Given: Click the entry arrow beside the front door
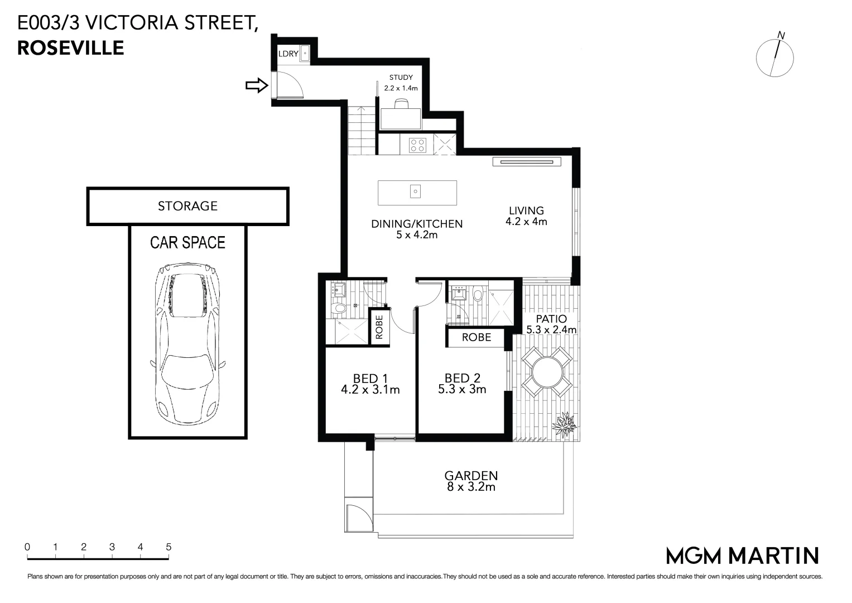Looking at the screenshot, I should click(257, 85).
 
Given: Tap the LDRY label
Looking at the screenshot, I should click(288, 54).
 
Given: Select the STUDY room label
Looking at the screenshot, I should click(401, 78).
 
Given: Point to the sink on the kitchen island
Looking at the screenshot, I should click(416, 192).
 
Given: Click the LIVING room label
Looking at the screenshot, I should click(526, 210).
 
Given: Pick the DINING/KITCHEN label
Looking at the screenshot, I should click(417, 224).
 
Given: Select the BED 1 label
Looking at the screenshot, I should click(370, 379).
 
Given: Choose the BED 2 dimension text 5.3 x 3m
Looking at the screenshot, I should click(462, 390).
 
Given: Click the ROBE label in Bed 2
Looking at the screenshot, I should click(476, 337).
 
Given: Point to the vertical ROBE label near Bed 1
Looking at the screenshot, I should click(379, 327).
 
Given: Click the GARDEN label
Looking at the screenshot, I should click(471, 476).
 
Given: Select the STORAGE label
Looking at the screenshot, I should click(187, 206).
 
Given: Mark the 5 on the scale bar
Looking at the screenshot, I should click(169, 547).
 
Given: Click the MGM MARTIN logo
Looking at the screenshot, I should click(743, 556).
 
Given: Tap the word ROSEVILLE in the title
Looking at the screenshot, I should click(71, 48).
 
